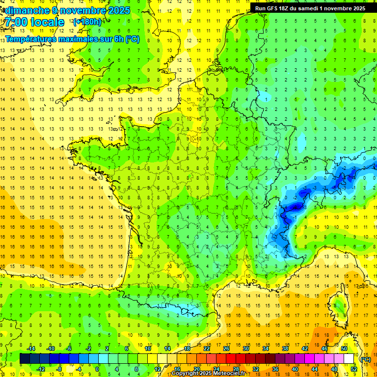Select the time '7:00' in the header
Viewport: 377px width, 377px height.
pos(18,22)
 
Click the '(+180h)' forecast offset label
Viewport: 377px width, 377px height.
pos(87,22)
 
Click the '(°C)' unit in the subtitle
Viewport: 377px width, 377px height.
pos(132,39)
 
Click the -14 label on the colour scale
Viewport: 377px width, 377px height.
pos(31,349)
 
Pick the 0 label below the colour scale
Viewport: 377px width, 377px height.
pos(97,369)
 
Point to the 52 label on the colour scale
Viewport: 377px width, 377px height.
pos(353,369)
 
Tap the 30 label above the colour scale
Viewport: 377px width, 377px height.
pos(245,349)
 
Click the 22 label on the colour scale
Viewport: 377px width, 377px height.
pos(207,349)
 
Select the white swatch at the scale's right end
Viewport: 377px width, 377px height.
pos(349,359)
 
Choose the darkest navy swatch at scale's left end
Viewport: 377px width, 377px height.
pos(25,359)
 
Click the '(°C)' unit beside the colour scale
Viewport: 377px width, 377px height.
pos(365,359)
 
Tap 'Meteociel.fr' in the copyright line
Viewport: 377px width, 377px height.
pos(231,374)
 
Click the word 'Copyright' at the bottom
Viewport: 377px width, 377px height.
pos(185,374)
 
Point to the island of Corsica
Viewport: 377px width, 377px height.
pos(339,306)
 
